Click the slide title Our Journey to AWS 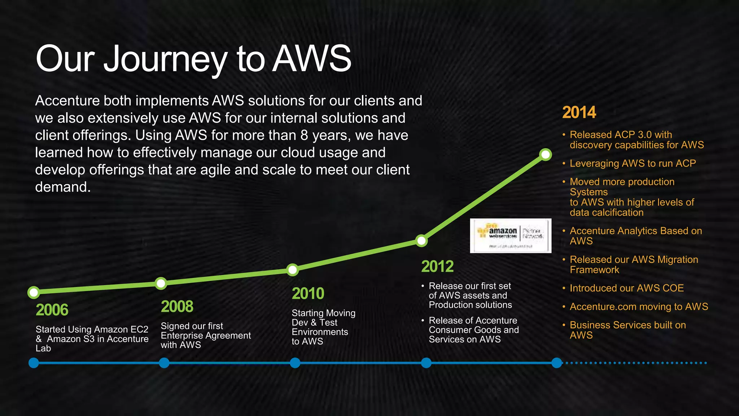[x=193, y=59]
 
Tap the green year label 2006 [x=52, y=310]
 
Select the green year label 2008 [x=177, y=307]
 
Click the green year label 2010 [x=308, y=293]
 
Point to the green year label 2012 [x=437, y=266]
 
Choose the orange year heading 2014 [x=579, y=112]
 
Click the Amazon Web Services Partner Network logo [x=510, y=235]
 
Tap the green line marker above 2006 [x=34, y=292]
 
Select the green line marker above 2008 [x=161, y=283]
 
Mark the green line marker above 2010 [x=293, y=269]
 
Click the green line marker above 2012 [x=421, y=240]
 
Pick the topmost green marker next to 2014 [x=545, y=155]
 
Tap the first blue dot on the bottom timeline [x=34, y=363]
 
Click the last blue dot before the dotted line [x=557, y=363]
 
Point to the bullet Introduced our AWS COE [x=626, y=288]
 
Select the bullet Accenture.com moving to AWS [x=639, y=307]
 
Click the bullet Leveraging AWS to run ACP [x=633, y=163]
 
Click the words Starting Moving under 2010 [x=323, y=313]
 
